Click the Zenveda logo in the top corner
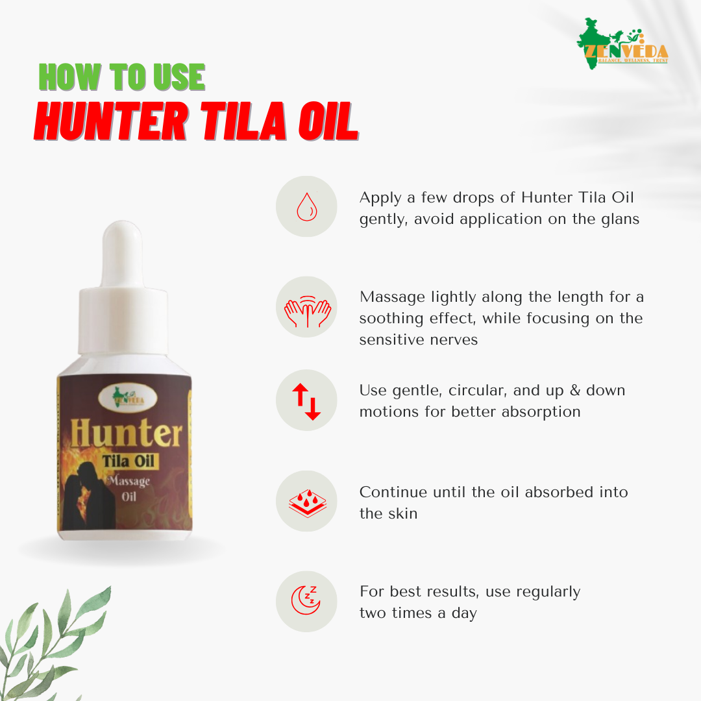[622, 43]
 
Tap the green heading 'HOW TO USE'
[122, 78]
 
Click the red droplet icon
[306, 206]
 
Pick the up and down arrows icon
[306, 400]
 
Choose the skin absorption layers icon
[306, 502]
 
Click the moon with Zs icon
[306, 601]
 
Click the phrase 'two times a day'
[418, 613]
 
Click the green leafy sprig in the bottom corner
[49, 643]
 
